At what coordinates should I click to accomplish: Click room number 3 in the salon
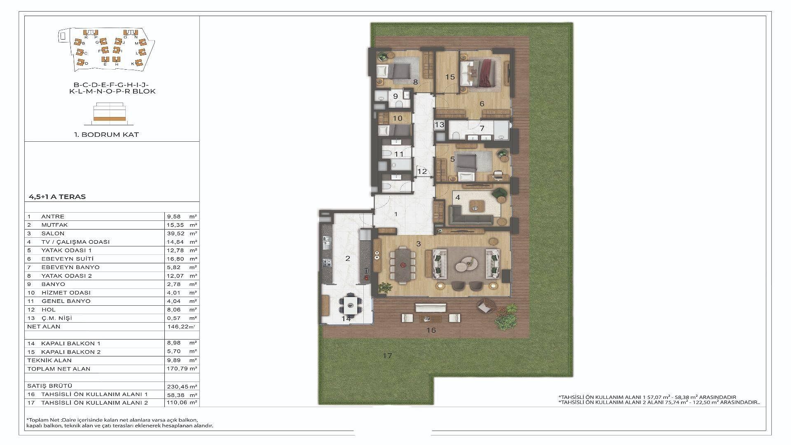pyautogui.click(x=418, y=244)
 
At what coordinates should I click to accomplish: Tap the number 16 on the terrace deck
pyautogui.click(x=431, y=330)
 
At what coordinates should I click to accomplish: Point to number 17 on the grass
pyautogui.click(x=387, y=355)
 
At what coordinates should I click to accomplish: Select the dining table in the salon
pyautogui.click(x=403, y=265)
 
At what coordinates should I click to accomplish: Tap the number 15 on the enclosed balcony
pyautogui.click(x=450, y=77)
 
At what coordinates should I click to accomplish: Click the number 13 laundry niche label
pyautogui.click(x=439, y=124)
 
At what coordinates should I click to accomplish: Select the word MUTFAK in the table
pyautogui.click(x=54, y=225)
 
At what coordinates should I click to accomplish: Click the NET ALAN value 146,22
pyautogui.click(x=176, y=326)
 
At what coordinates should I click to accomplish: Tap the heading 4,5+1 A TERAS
pyautogui.click(x=57, y=197)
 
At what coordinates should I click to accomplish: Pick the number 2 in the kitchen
pyautogui.click(x=348, y=259)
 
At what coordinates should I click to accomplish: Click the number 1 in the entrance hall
pyautogui.click(x=396, y=214)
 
